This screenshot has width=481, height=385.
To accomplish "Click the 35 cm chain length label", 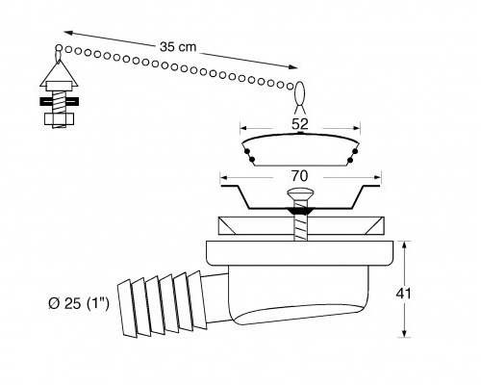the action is coord(178,47).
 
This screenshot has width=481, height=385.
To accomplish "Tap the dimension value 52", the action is coord(300,124).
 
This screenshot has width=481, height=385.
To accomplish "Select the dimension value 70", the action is coord(299,176).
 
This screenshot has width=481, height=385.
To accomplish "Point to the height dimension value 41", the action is coord(403,294).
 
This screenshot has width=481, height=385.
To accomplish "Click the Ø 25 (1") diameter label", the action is coord(79,303).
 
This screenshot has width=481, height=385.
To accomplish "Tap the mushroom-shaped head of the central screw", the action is coord(300,193).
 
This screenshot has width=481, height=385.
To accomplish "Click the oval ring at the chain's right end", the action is coord(300,93).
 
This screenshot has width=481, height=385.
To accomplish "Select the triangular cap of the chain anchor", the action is coord(60,73).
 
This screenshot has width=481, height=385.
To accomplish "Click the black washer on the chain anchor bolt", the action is coord(60,101).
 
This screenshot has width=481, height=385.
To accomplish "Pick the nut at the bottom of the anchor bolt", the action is coord(60,119).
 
